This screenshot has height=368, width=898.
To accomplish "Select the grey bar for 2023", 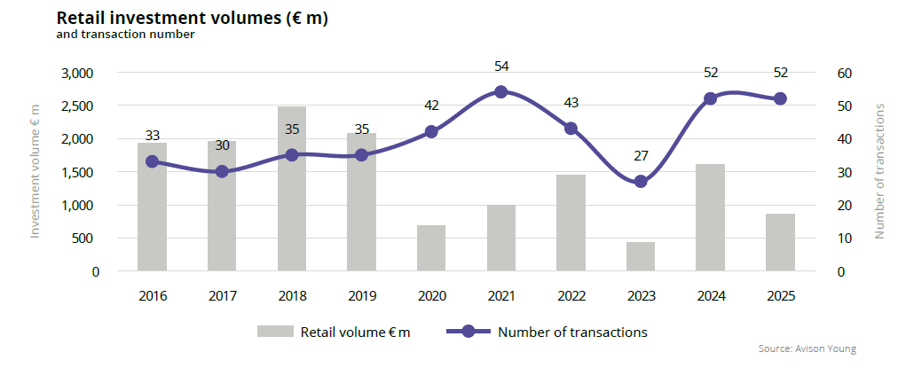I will (641, 256).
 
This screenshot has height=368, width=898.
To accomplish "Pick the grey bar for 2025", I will (780, 242).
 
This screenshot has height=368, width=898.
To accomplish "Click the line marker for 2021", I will (500, 91).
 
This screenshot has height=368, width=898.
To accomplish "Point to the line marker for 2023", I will (641, 181).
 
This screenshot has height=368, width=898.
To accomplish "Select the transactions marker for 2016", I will (152, 161).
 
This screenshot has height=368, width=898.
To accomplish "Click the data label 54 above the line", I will (501, 67).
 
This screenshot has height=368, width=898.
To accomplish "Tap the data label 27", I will (641, 156).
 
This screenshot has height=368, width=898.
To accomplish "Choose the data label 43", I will (571, 103).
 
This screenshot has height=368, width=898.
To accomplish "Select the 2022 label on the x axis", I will (571, 296).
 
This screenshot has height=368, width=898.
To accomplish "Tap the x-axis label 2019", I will (361, 296).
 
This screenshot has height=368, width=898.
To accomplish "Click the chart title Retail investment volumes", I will (193, 18).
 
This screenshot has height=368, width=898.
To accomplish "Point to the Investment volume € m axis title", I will (35, 171).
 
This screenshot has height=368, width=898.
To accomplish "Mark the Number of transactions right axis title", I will (880, 171).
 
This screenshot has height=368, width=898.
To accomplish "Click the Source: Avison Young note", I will (807, 349).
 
